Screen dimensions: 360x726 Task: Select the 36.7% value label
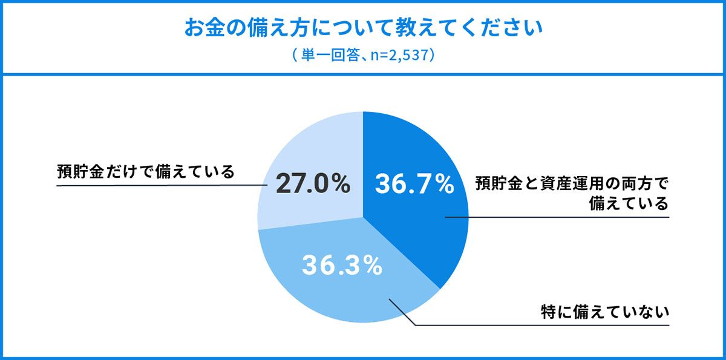414,185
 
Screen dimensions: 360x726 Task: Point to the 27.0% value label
313,184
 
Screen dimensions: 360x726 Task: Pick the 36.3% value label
342,265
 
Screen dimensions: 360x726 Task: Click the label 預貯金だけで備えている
145,172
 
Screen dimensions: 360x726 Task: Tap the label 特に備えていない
604,313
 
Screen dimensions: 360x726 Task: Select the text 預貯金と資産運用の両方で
572,183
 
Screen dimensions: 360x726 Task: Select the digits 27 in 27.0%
290,184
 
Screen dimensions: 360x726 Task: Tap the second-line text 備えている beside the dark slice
629,203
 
